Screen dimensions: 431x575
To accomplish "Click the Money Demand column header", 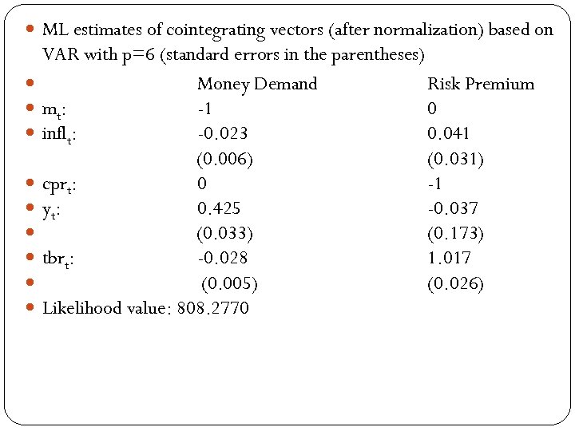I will click(x=256, y=84).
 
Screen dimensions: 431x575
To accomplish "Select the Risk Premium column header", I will click(x=481, y=84).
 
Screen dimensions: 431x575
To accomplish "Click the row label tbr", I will click(x=58, y=259).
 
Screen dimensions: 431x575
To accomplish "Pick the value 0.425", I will click(x=220, y=208).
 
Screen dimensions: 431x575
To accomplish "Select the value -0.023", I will click(x=222, y=133).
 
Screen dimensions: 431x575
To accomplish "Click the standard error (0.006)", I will click(x=225, y=159).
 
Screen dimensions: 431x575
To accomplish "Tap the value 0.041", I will click(x=449, y=133).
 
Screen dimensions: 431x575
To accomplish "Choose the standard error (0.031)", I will click(x=455, y=159).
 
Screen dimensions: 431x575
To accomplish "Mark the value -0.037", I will click(x=453, y=208).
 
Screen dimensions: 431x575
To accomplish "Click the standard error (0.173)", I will click(x=455, y=233).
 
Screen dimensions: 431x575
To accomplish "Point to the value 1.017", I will click(x=450, y=258).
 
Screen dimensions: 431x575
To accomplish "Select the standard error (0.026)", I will click(x=455, y=283).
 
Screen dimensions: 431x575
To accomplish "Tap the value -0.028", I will click(x=222, y=258).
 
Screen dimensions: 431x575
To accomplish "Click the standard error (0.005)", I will click(x=229, y=283).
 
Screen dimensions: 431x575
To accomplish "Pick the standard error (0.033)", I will click(x=225, y=233).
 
